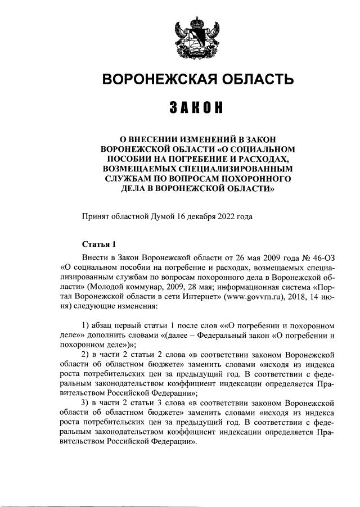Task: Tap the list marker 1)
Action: click(x=86, y=325)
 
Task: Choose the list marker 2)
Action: click(x=86, y=355)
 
